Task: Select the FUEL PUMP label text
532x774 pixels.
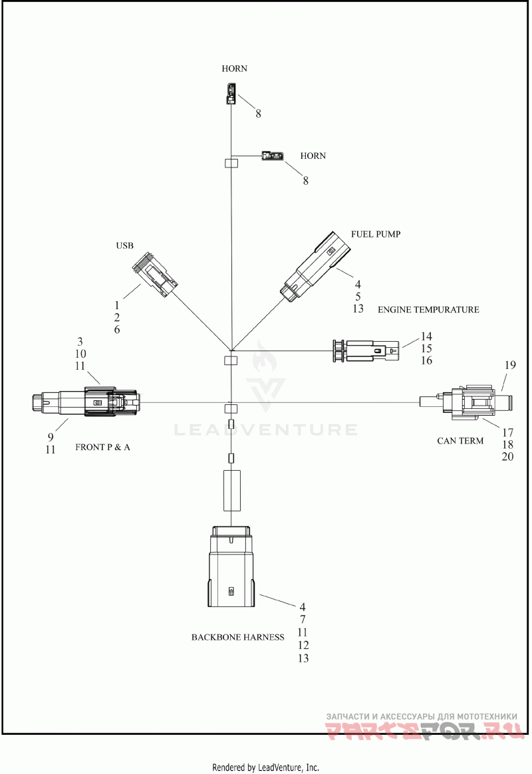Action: [x=376, y=234]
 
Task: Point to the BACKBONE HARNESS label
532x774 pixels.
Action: [x=238, y=637]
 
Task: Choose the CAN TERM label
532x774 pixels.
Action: [x=460, y=441]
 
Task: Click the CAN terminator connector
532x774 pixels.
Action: [x=464, y=402]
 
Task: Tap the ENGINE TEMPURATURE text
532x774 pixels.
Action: [x=428, y=309]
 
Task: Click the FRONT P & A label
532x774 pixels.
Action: [x=102, y=448]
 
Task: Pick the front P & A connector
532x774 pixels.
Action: [x=85, y=402]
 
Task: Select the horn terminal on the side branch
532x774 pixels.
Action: [x=273, y=156]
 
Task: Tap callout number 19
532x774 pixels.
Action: [x=510, y=365]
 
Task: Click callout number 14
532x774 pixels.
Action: [x=426, y=336]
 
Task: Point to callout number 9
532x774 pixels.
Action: [x=51, y=437]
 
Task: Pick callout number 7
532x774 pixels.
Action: [x=303, y=620]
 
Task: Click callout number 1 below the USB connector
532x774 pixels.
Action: [x=117, y=306]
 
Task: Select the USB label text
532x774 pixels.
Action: [x=124, y=245]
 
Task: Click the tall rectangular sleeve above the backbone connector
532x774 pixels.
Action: [x=232, y=491]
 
